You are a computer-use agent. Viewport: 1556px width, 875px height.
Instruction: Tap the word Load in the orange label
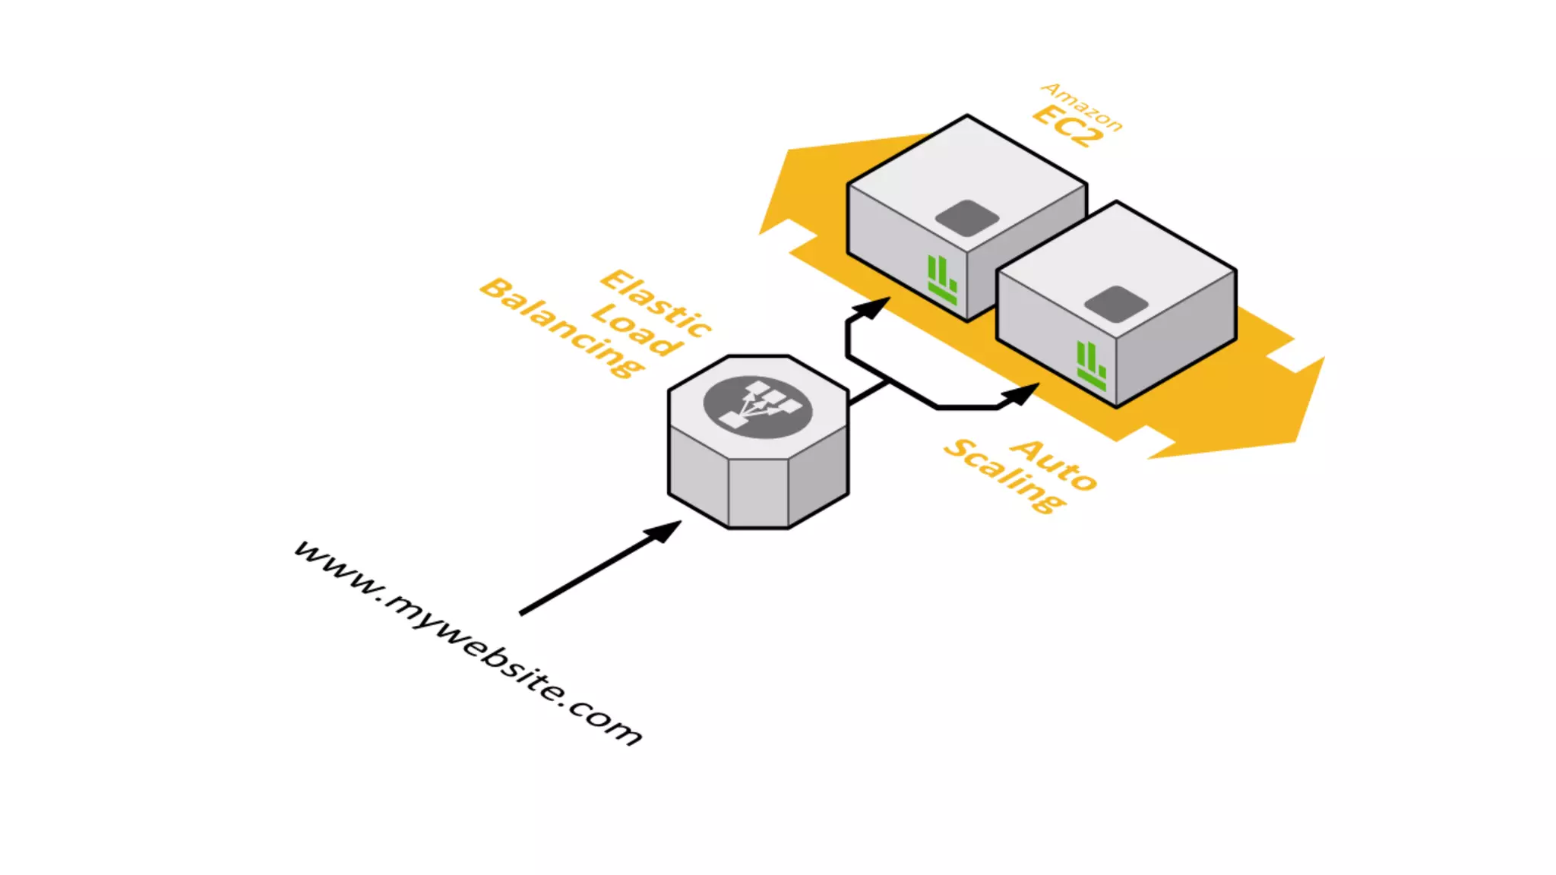(x=637, y=329)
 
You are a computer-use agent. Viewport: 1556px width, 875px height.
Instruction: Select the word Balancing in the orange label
(x=562, y=327)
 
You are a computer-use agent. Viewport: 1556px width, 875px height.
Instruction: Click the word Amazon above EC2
(x=1082, y=107)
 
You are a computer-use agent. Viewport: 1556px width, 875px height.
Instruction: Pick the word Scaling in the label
(x=1004, y=475)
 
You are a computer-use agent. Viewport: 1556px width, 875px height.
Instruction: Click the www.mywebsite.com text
(x=468, y=643)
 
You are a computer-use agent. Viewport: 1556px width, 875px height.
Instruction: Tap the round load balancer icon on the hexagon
(x=757, y=407)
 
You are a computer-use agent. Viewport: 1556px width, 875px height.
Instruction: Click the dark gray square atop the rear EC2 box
(x=966, y=218)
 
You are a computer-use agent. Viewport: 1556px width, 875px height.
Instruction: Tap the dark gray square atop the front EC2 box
(x=1115, y=304)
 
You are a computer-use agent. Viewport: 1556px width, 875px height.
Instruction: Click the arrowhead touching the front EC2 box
(x=1021, y=393)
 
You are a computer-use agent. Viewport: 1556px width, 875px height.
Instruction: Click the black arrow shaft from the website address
(x=585, y=576)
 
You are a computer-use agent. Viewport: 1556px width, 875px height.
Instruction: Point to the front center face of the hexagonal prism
(x=758, y=492)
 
